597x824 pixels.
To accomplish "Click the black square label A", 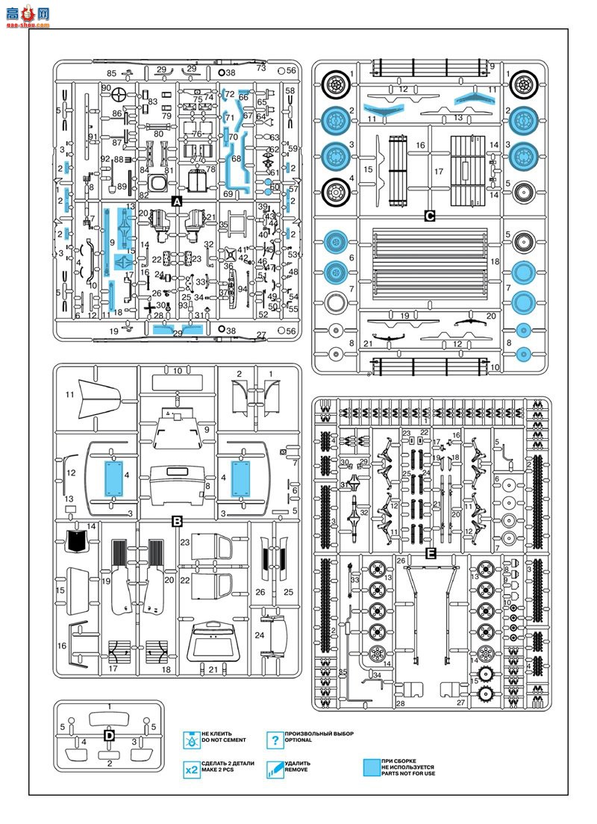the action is (177, 202).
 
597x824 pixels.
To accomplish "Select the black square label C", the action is (429, 216).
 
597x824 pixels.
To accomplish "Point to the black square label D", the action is (109, 735).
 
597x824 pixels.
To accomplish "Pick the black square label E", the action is (430, 553).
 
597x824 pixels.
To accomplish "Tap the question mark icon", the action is (275, 740).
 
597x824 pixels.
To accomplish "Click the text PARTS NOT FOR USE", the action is (407, 773).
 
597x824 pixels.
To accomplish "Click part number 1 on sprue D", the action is (109, 718).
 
